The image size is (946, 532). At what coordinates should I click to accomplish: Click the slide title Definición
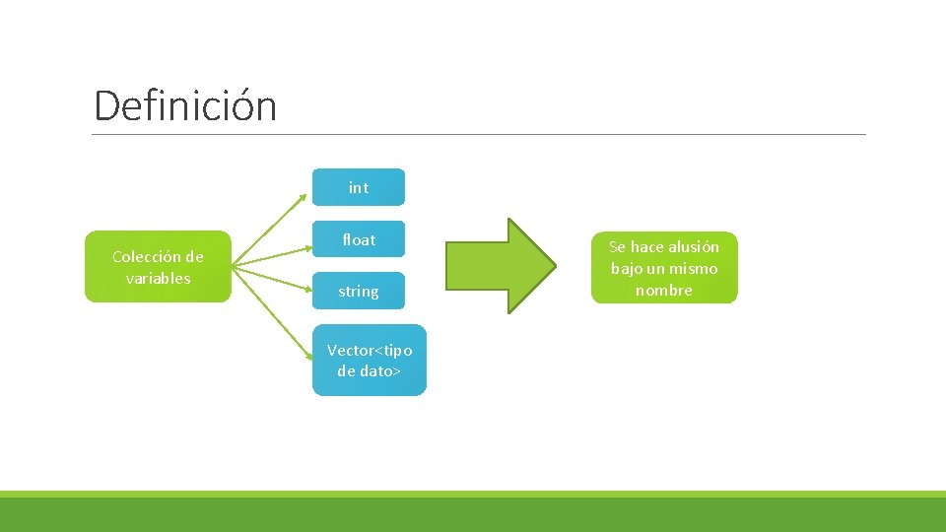click(185, 105)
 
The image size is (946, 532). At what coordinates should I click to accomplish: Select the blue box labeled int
click(359, 187)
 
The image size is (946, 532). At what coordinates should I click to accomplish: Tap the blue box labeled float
click(359, 239)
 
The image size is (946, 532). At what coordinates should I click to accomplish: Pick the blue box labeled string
click(359, 291)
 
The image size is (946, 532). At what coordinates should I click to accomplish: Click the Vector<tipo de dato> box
click(370, 361)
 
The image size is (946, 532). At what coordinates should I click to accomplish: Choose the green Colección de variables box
click(158, 267)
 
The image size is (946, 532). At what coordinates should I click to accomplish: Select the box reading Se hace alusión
click(664, 268)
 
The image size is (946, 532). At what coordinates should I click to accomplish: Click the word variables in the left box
click(158, 278)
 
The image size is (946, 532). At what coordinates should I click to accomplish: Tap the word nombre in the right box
click(664, 290)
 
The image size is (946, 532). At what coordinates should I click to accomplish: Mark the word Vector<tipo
click(370, 350)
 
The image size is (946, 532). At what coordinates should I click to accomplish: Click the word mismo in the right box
click(695, 268)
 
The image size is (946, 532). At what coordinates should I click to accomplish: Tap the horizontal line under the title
click(479, 134)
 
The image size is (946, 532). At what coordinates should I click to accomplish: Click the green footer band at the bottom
click(473, 513)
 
